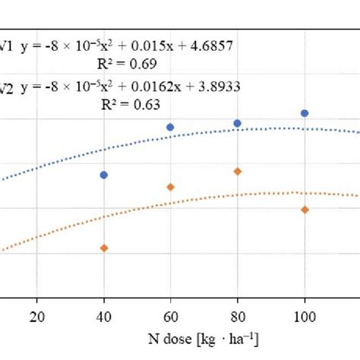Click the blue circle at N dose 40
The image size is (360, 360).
[104, 175]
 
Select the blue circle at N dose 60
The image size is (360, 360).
[170, 127]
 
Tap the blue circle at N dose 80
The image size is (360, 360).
[237, 123]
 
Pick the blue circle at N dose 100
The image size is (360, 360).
[305, 113]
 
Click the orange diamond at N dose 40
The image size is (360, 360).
[104, 248]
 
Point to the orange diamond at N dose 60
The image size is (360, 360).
[170, 187]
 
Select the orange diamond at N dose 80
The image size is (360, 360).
[237, 172]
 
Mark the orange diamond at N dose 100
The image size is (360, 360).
[305, 210]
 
